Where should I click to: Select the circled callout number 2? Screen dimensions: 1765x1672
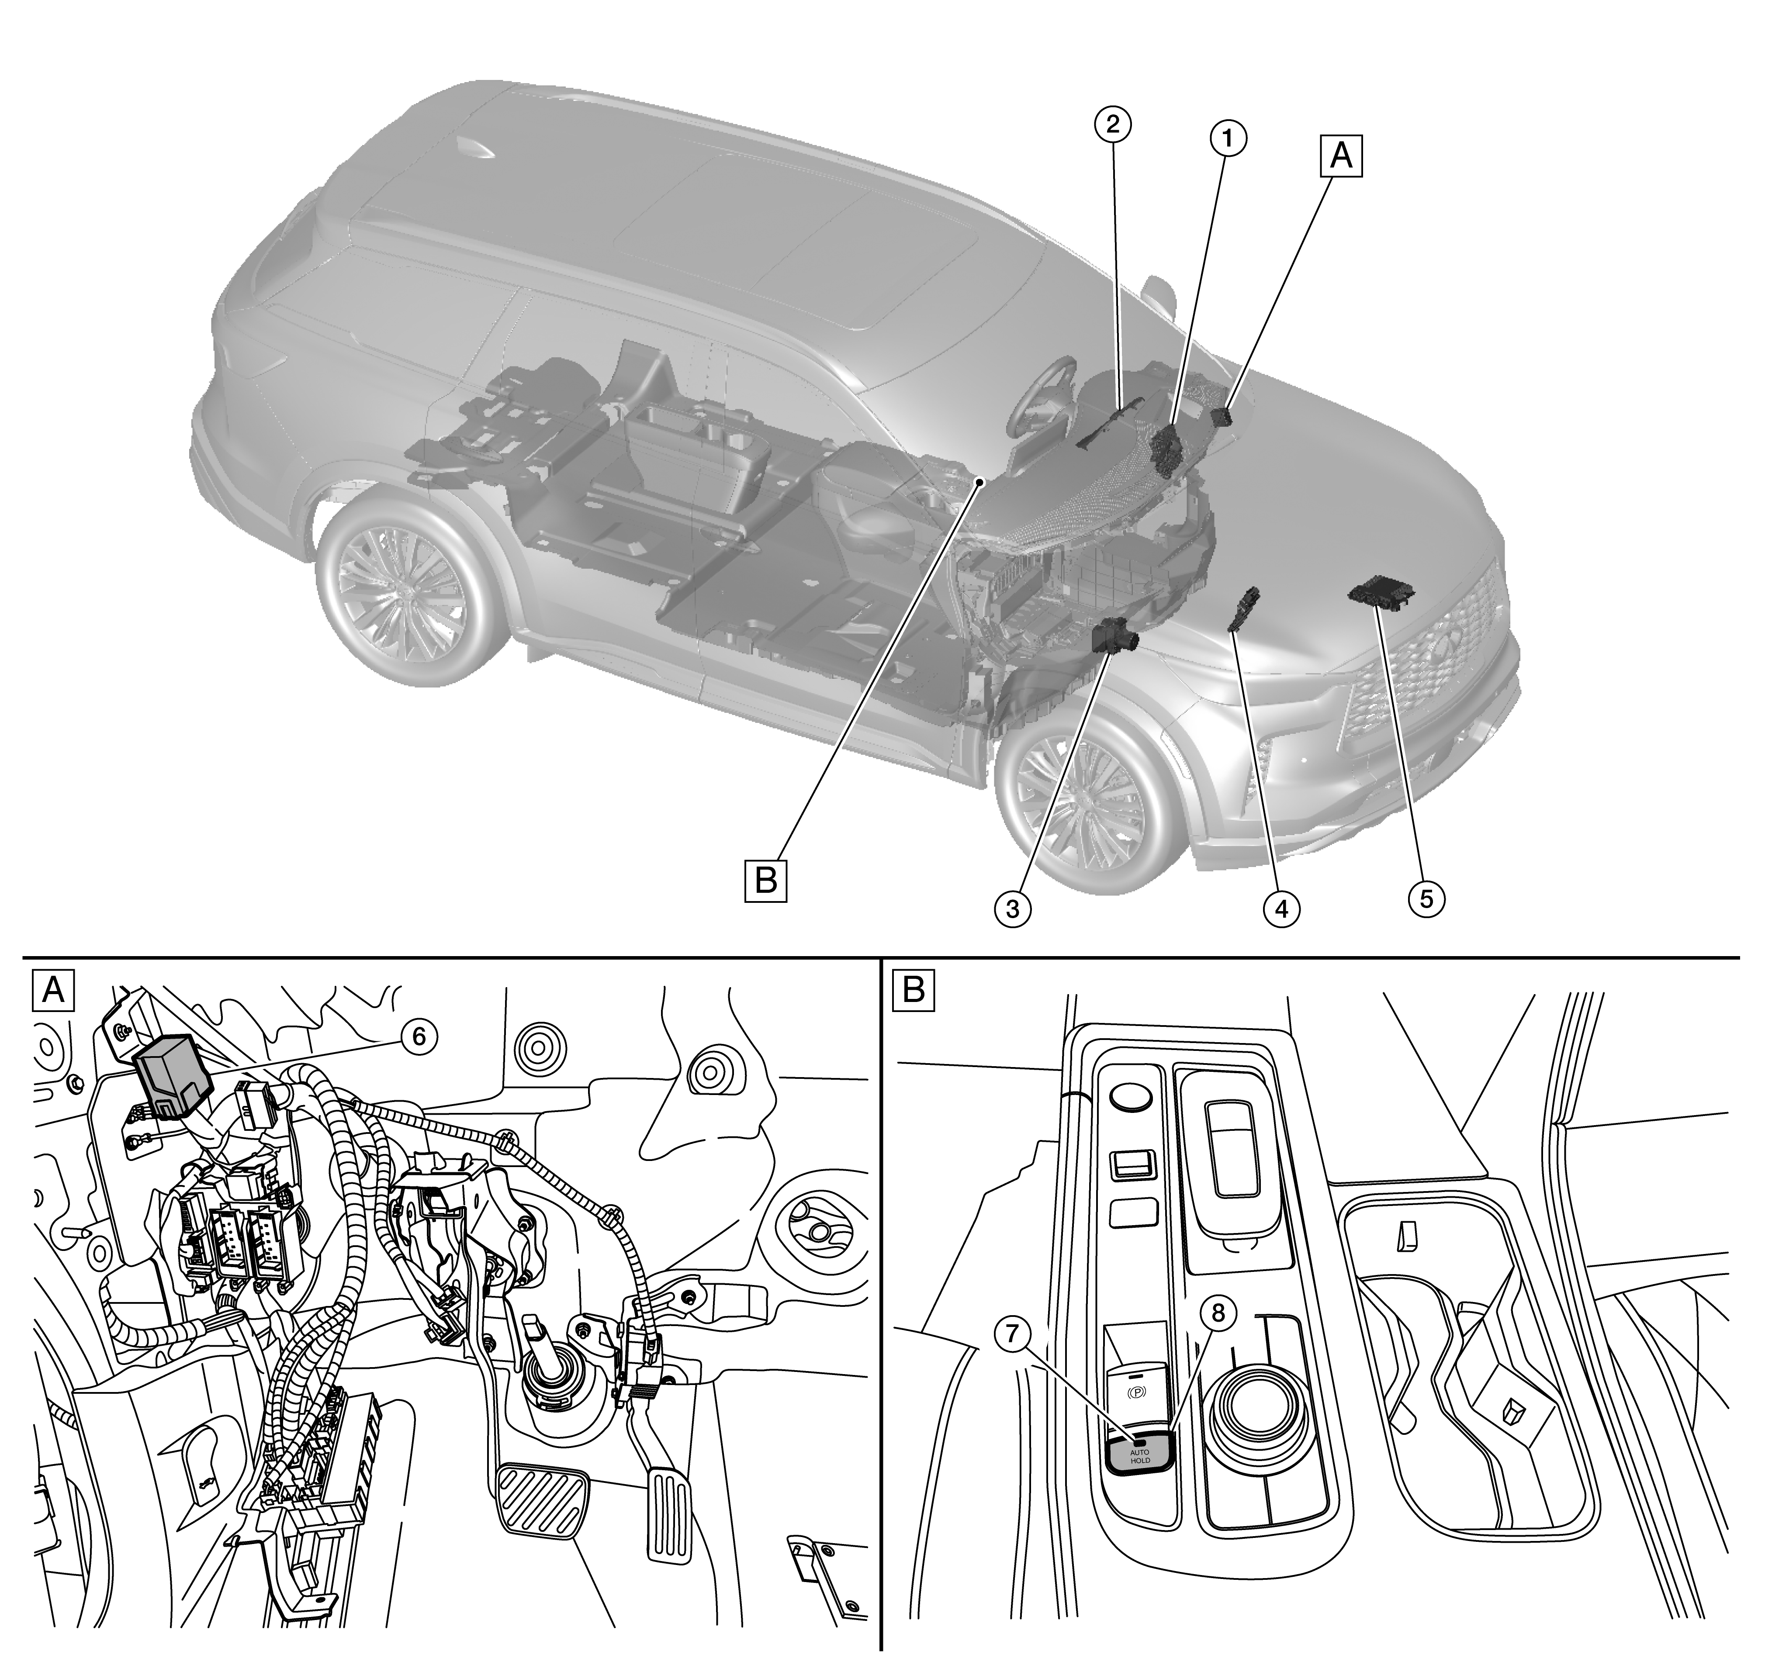point(1112,124)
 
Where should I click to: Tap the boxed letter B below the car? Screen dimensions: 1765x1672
point(766,881)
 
